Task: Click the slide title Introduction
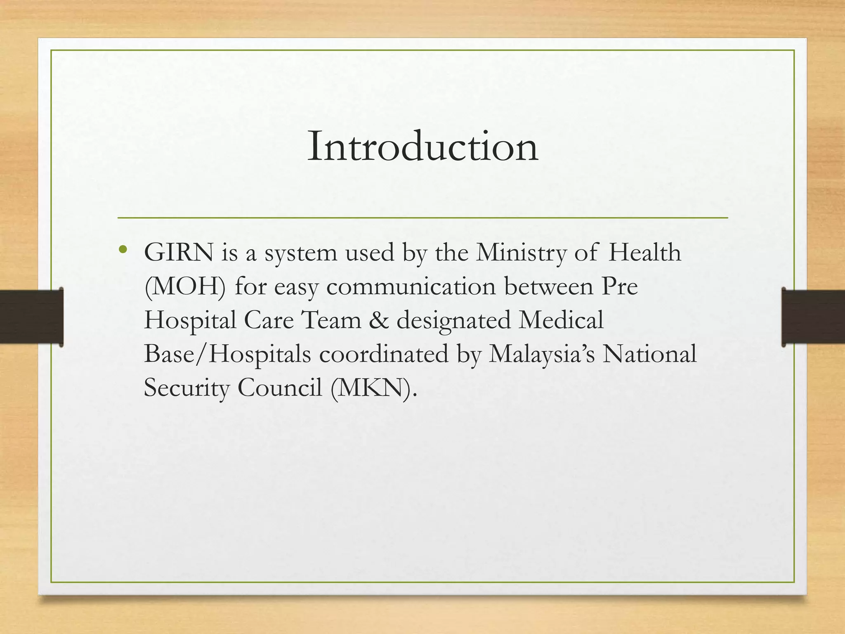coord(422,146)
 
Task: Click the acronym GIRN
coord(179,252)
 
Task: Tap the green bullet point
coord(122,249)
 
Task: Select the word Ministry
coord(521,253)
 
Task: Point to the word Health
coord(644,252)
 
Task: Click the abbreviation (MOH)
coord(185,287)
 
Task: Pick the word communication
coord(411,286)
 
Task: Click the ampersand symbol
coord(379,320)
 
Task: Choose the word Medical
coord(561,320)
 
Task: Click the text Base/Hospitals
coord(227,354)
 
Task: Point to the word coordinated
coord(384,354)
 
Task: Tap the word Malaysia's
coord(542,355)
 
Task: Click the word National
coord(649,354)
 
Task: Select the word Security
coord(186,388)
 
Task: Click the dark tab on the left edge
coord(31,317)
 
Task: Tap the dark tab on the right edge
coord(813,317)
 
